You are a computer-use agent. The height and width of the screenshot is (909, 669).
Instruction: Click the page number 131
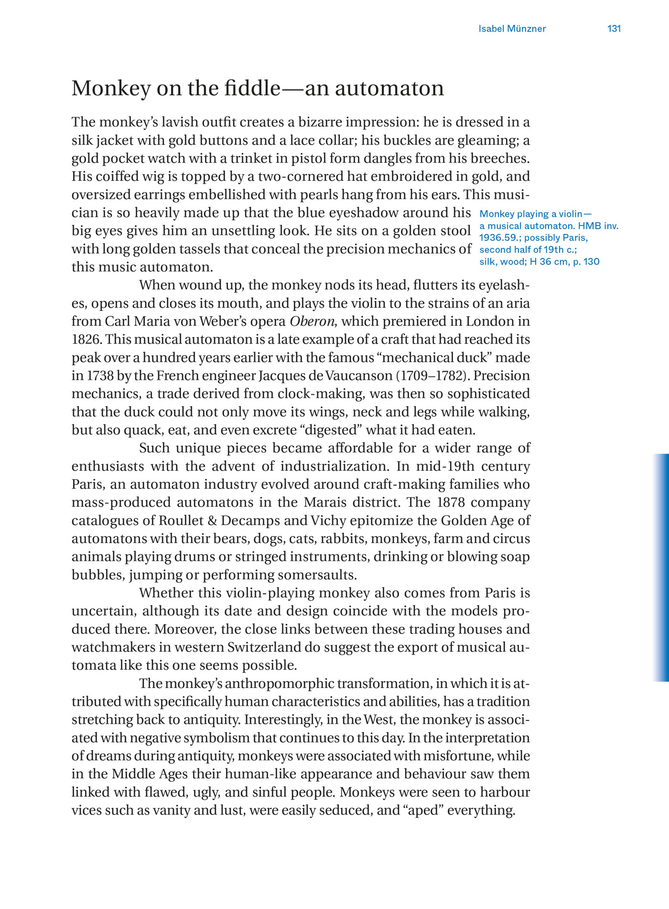coord(614,29)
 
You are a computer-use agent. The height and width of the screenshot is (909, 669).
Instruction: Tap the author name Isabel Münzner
coord(512,29)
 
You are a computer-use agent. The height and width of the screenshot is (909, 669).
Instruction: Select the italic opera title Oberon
coord(312,321)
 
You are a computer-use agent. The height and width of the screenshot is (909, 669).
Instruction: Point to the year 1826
coord(86,339)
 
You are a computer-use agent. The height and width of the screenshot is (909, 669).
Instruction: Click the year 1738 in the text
coord(100,376)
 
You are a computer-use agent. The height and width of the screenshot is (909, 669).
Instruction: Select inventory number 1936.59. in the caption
coord(500,238)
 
